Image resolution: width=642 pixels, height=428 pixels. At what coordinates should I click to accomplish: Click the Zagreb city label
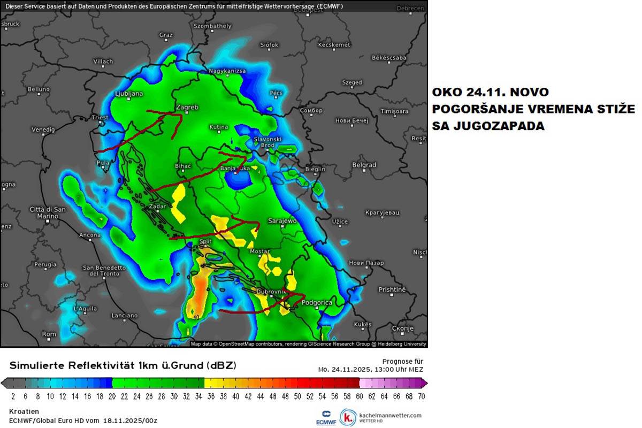[187, 108]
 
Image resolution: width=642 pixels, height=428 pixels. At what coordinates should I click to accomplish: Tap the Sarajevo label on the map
[282, 221]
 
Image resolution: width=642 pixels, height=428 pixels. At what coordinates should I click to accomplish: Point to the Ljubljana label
[129, 94]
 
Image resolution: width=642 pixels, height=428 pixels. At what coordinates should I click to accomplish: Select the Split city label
[205, 242]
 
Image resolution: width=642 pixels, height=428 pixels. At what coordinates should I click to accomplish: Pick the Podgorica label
[317, 303]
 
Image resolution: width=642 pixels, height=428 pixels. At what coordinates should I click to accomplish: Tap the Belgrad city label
[364, 165]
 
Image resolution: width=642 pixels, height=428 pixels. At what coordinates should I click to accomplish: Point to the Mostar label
[259, 251]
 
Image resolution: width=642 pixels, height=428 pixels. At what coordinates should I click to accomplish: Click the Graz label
[166, 35]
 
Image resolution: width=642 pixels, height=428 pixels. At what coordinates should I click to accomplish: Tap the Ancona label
[89, 235]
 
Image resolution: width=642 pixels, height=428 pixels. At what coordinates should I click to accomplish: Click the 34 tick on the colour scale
[204, 396]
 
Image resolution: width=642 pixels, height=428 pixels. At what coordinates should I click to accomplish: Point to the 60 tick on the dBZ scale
[359, 396]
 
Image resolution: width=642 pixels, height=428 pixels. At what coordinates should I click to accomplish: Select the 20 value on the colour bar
[111, 396]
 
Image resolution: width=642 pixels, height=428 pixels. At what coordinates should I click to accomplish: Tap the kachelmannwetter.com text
[391, 415]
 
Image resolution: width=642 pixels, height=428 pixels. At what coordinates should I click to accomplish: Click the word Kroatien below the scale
[24, 411]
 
